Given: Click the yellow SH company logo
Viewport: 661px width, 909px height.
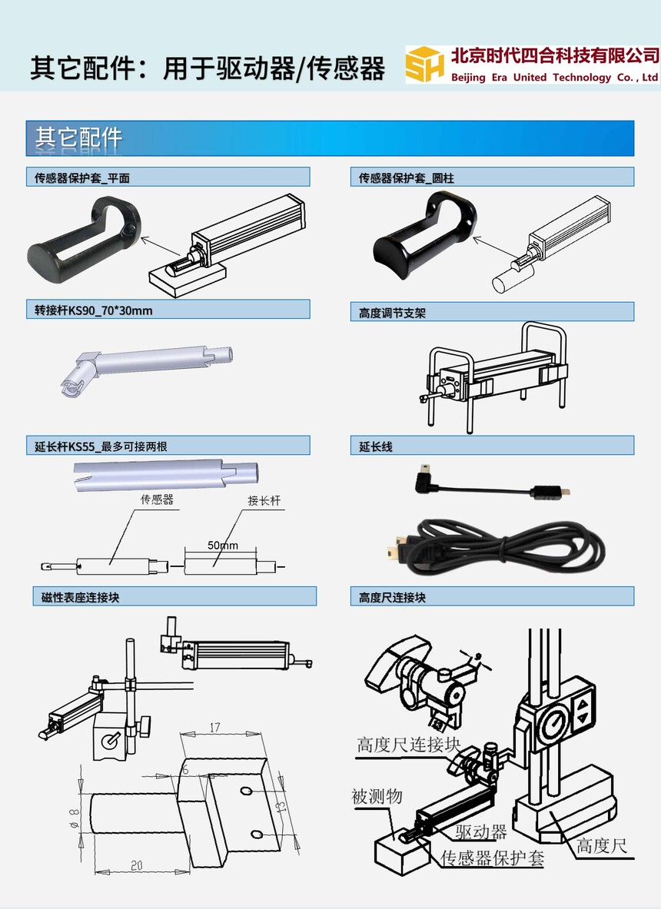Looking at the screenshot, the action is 425,65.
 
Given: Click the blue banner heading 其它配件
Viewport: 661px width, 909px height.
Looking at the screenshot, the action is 78,138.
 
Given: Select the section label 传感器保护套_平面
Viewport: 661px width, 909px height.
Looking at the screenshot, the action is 81,178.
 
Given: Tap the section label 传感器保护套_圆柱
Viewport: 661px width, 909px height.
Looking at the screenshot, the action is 406,178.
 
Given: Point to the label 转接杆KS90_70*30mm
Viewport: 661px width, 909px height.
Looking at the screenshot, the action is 93,310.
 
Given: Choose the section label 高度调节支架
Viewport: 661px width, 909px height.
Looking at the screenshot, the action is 392,313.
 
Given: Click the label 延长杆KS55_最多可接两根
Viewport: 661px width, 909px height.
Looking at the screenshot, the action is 101,446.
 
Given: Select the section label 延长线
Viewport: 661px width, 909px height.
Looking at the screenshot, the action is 375,446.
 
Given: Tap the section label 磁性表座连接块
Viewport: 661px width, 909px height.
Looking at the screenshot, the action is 80,597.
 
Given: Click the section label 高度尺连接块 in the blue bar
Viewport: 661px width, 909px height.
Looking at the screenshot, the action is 392,597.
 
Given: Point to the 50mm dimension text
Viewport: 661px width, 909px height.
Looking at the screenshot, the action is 223,546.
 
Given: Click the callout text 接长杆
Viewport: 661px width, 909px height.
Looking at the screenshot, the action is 264,500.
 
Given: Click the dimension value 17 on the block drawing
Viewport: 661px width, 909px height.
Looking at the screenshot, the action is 214,727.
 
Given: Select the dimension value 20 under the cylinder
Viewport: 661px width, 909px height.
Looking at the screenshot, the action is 136,865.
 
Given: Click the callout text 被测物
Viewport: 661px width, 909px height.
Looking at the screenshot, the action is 377,797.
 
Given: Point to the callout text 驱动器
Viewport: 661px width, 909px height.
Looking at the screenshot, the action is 480,831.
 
